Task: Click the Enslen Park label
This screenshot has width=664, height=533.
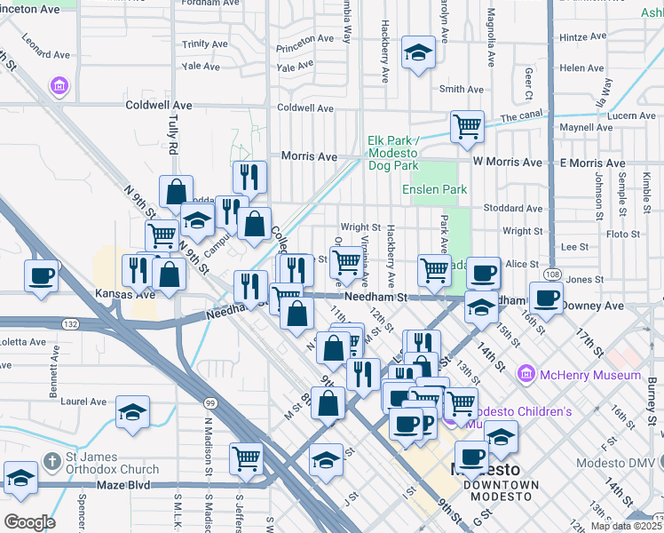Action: [x=434, y=189]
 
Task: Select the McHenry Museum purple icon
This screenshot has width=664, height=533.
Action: [x=527, y=375]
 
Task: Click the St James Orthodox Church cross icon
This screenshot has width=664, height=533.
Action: [x=52, y=461]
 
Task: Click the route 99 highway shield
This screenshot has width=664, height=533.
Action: [x=209, y=402]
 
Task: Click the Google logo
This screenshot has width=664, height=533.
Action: [x=29, y=522]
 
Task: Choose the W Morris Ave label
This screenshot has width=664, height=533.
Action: [x=507, y=163]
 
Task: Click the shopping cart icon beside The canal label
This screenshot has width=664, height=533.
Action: [x=466, y=125]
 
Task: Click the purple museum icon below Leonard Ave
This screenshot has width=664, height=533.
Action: [x=60, y=86]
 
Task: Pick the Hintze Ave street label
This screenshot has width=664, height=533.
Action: [x=582, y=37]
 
